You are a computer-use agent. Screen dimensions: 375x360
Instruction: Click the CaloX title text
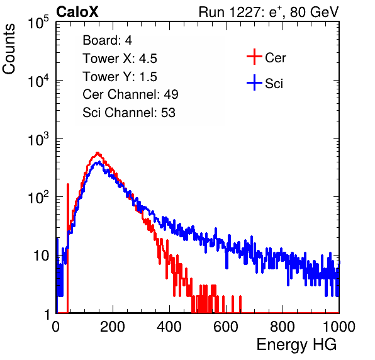pos(77,12)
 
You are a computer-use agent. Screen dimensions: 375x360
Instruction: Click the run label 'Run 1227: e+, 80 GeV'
pos(269,12)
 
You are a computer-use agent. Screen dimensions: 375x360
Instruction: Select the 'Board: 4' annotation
pos(107,40)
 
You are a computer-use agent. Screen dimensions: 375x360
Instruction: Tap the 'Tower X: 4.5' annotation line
pos(120,59)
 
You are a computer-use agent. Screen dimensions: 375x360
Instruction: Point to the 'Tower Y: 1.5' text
pos(120,77)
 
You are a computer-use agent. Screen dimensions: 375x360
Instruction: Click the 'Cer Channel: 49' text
pos(130,94)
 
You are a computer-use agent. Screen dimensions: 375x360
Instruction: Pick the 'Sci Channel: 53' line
pos(129,113)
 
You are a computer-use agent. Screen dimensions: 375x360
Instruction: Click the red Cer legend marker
pos(254,57)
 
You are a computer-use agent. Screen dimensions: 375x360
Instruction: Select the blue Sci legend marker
pos(254,82)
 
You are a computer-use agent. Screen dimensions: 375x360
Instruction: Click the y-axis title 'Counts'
pos(9,49)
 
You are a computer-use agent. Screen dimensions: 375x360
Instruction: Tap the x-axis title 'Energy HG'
pos(296,345)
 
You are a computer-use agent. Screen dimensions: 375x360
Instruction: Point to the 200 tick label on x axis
pos(113,327)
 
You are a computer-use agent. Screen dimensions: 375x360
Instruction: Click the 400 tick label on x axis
pos(169,327)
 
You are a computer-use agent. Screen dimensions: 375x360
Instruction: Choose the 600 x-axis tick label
pos(226,327)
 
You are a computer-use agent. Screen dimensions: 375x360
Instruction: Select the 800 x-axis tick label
pos(283,327)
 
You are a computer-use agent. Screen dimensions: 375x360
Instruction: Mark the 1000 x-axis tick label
pos(339,327)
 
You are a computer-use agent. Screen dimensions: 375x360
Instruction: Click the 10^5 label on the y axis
pos(38,22)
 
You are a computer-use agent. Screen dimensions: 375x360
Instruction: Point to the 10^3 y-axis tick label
pos(38,138)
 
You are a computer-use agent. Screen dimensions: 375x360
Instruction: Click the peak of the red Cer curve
pos(98,152)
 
